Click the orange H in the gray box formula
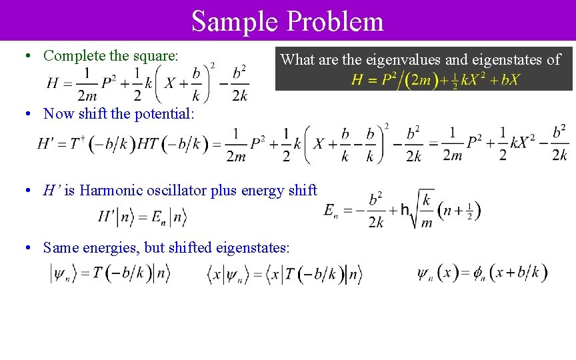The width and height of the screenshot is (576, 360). point(357,81)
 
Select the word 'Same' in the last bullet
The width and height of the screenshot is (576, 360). point(59,248)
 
